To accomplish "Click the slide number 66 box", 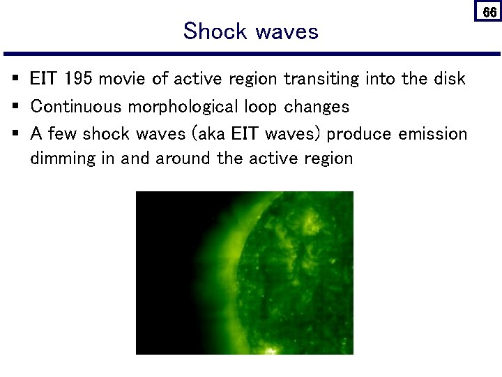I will pos(489,12).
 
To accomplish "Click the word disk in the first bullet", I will pos(450,79).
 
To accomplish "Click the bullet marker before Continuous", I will pos(15,106).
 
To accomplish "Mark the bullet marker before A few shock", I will pos(15,133).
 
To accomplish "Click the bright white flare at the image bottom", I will pos(268,349).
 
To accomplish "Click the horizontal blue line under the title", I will pos(251,54).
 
